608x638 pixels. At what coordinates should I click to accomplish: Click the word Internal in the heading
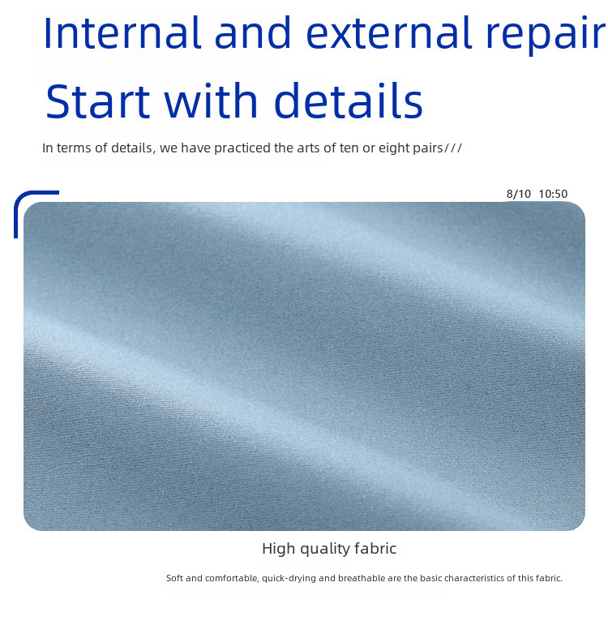coord(122,33)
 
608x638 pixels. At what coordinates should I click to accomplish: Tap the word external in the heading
coord(388,33)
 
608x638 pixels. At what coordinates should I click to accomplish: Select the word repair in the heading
coord(546,36)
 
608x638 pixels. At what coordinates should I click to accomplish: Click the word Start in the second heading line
coord(97,101)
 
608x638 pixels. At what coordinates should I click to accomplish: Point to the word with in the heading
coord(211,100)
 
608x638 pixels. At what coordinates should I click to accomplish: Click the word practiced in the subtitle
coord(242,148)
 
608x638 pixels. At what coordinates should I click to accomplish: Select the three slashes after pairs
coord(453,148)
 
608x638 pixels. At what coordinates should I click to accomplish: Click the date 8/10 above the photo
coord(519,194)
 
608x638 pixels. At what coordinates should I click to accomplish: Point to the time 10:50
coord(553,194)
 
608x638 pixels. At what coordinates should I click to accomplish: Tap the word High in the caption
coord(278,549)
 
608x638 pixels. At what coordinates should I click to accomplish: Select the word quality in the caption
coord(324,550)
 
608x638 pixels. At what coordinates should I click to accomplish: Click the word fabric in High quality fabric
coord(375,549)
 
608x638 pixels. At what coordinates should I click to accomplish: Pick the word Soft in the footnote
coord(174,578)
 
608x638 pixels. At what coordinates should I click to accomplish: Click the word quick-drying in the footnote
coord(289,579)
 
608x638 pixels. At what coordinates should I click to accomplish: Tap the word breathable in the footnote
coord(362,578)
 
